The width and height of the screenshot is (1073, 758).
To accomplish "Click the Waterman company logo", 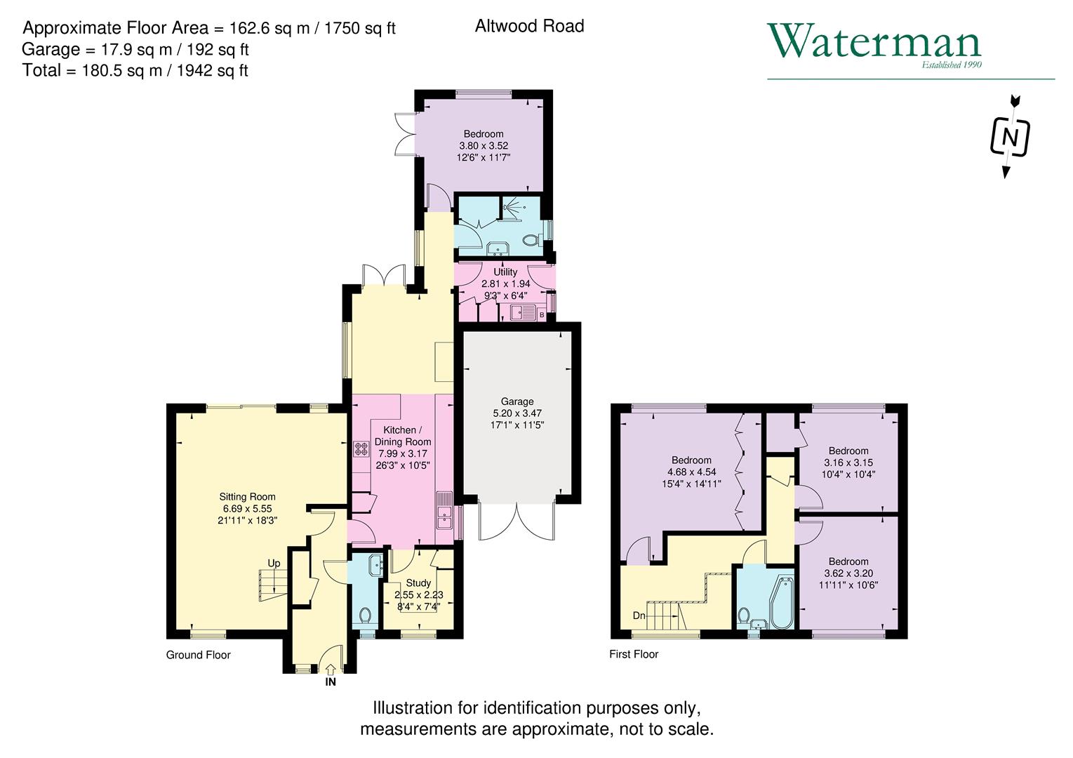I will pos(874,44).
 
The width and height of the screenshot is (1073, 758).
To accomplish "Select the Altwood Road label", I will pos(529,26).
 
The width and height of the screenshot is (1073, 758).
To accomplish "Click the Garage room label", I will pos(516,401).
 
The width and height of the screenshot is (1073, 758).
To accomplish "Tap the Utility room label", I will pos(505,272).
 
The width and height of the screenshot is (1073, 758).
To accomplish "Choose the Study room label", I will pos(418,583).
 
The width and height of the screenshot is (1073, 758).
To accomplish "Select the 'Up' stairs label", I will pos(274,563).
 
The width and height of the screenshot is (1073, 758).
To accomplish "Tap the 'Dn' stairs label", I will pos(639,616).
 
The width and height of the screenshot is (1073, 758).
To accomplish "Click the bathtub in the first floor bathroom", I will pos(780,604).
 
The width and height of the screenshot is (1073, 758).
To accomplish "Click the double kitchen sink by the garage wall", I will pos(444,510).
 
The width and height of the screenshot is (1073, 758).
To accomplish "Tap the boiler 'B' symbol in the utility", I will pos(542,315).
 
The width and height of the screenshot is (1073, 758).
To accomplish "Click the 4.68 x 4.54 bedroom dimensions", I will pos(691,472).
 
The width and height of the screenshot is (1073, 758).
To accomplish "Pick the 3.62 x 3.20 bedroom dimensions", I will pos(848,573).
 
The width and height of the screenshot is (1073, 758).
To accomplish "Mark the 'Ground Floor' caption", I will pos(198,655).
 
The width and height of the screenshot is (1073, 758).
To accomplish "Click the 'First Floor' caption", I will pos(634,654).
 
